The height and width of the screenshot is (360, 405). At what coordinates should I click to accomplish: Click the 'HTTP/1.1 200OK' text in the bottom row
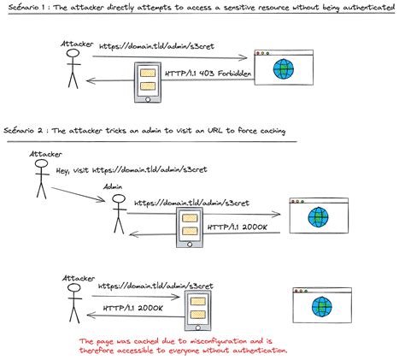tap(132, 308)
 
